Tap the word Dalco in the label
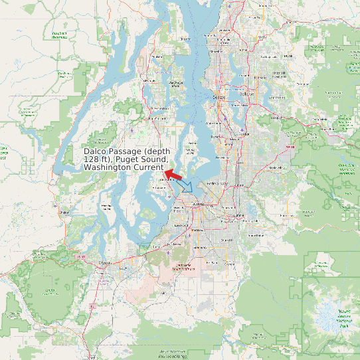[x=96, y=151]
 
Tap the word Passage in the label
[x=126, y=151]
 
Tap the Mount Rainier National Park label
[x=335, y=317]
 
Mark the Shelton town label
[x=64, y=213]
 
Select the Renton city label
[x=242, y=134]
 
